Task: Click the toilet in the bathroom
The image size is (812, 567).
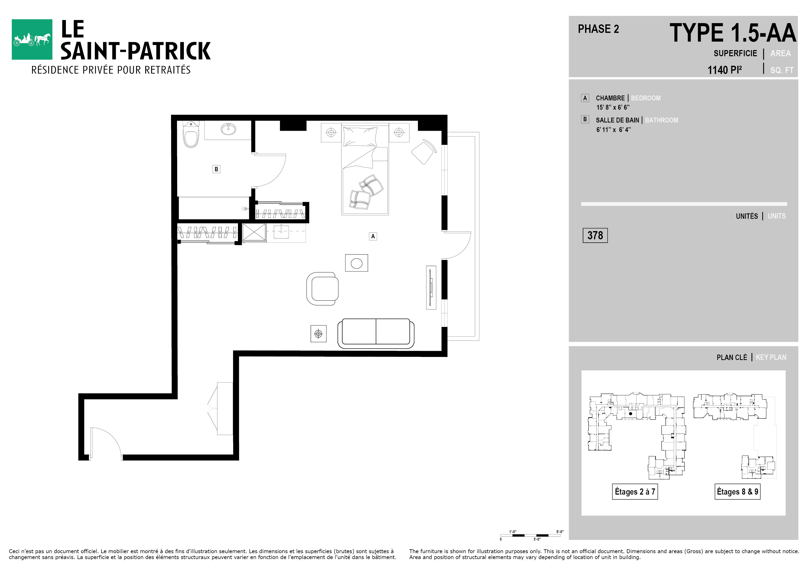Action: [x=191, y=134]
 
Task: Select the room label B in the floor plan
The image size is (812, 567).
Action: [x=216, y=169]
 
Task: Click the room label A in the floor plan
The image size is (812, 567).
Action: [x=373, y=236]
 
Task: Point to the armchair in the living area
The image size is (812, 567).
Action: [x=322, y=289]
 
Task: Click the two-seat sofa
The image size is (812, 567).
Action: [x=376, y=334]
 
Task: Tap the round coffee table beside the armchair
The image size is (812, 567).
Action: [x=356, y=263]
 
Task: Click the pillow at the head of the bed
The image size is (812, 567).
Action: [x=360, y=136]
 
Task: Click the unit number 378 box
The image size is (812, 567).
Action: [x=595, y=235]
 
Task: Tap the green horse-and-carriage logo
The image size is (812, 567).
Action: [x=32, y=39]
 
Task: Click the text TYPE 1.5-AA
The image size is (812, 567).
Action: [x=733, y=33]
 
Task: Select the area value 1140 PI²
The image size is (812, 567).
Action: [x=725, y=70]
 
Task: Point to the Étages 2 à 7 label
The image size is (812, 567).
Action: [x=635, y=492]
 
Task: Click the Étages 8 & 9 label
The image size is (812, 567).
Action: [x=737, y=492]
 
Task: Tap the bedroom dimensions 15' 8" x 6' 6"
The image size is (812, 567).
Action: [x=613, y=107]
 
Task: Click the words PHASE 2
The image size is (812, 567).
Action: [x=598, y=29]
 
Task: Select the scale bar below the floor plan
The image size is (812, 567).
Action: [x=530, y=535]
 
